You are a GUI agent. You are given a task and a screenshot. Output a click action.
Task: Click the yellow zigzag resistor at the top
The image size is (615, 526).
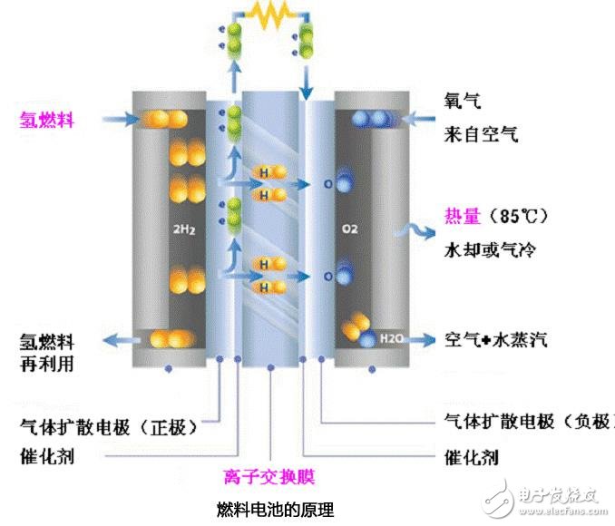pyautogui.click(x=269, y=15)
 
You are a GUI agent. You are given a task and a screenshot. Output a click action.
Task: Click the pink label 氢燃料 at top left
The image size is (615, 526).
pyautogui.click(x=46, y=120)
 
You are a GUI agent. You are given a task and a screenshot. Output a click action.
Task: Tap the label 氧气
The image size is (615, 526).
pyautogui.click(x=463, y=101)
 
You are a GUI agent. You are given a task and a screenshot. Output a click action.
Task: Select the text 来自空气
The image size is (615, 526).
pyautogui.click(x=481, y=134)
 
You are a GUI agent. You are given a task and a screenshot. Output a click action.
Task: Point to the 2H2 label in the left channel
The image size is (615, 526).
pyautogui.click(x=184, y=229)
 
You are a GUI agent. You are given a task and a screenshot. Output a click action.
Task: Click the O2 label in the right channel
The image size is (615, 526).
pyautogui.click(x=349, y=229)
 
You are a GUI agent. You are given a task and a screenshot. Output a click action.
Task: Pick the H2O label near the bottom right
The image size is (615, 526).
pyautogui.click(x=391, y=338)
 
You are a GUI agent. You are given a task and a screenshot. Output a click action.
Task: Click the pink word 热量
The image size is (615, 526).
pyautogui.click(x=463, y=216)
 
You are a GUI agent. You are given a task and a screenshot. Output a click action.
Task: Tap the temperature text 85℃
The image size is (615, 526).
pyautogui.click(x=518, y=216)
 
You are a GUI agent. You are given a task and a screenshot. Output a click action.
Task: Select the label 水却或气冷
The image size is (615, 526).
pyautogui.click(x=490, y=249)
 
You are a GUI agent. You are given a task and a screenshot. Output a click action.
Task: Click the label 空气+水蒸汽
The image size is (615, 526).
pyautogui.click(x=496, y=339)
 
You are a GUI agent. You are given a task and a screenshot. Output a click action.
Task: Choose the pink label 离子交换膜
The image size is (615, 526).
pyautogui.click(x=269, y=477)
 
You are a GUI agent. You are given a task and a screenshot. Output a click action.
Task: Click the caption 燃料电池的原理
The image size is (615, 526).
pyautogui.click(x=276, y=510)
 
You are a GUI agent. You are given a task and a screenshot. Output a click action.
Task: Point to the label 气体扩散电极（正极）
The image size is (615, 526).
pyautogui.click(x=109, y=427)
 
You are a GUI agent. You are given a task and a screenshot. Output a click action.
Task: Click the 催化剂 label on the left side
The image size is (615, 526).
pyautogui.click(x=47, y=456)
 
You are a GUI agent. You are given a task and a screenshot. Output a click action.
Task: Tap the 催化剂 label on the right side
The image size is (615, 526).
pyautogui.click(x=472, y=457)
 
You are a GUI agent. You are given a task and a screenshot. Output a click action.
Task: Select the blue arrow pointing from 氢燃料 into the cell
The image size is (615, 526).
pyautogui.click(x=121, y=119)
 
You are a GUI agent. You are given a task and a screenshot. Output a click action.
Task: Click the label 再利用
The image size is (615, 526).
pyautogui.click(x=47, y=364)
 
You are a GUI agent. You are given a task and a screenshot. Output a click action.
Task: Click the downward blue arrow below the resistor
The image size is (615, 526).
pyautogui.click(x=306, y=83)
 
